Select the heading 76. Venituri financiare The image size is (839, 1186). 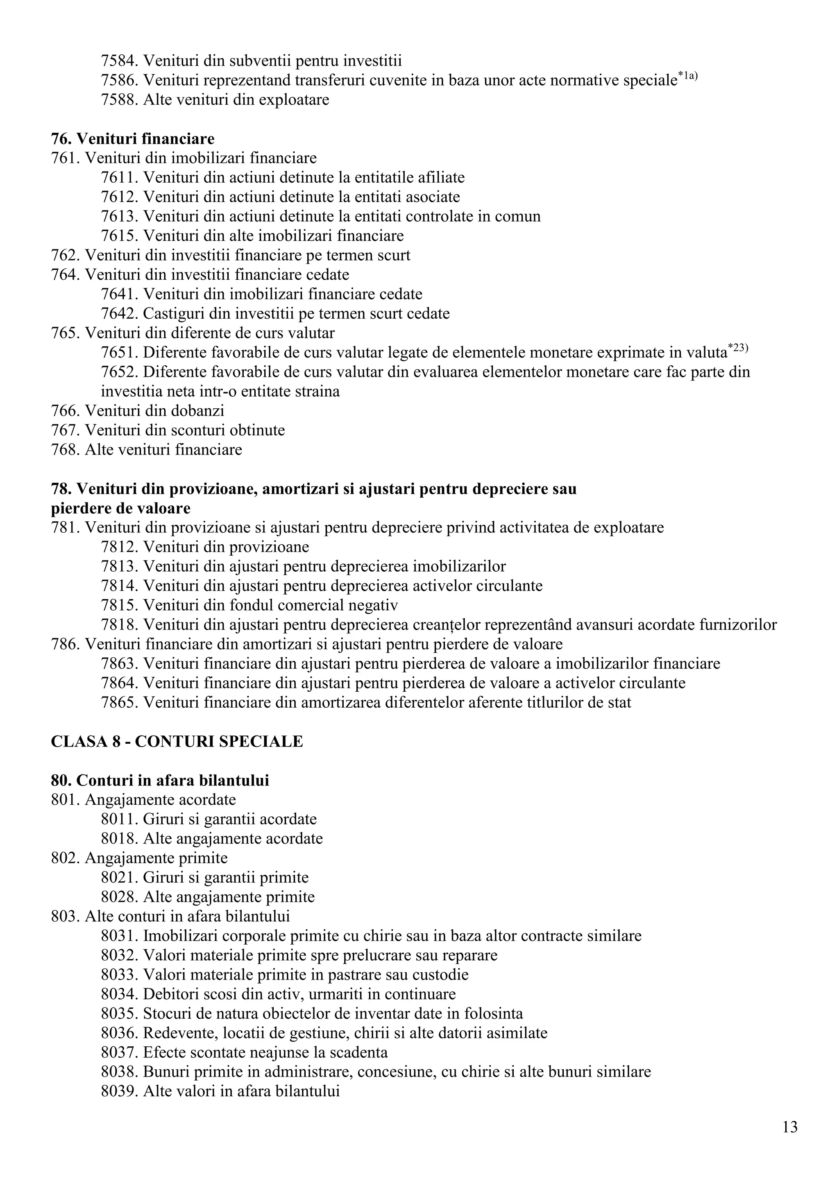click(x=133, y=139)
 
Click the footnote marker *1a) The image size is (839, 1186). click(x=688, y=77)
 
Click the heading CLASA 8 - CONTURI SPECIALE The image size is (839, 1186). click(x=177, y=741)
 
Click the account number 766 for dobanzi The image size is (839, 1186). click(x=66, y=411)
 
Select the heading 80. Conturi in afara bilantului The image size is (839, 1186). click(x=160, y=780)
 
